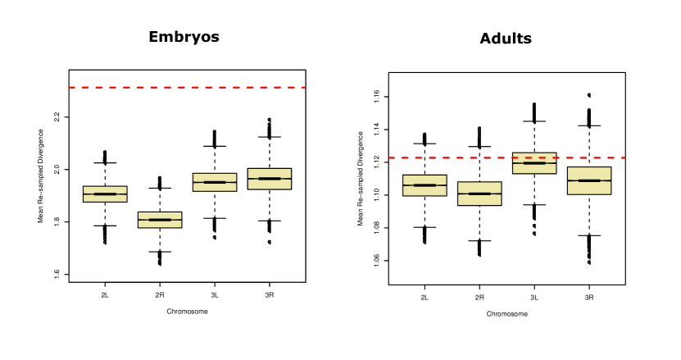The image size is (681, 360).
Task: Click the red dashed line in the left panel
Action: [x=187, y=87]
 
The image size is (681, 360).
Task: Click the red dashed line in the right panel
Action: [x=506, y=157]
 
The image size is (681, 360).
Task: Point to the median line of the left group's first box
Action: [x=105, y=194]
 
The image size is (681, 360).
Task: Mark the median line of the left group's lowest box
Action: [x=160, y=220]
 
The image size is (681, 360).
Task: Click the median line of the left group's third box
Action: [x=215, y=182]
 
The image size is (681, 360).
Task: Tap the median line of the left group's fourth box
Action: [x=270, y=178]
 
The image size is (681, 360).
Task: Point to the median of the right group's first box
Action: [x=424, y=185]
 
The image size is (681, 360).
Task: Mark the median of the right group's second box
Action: [x=479, y=194]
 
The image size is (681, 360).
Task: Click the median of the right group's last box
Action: [x=589, y=180]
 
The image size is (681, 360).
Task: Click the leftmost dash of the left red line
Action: [x=72, y=87]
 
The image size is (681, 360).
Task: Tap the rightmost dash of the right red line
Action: [x=622, y=157]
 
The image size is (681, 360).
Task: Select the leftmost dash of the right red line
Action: [x=392, y=157]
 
